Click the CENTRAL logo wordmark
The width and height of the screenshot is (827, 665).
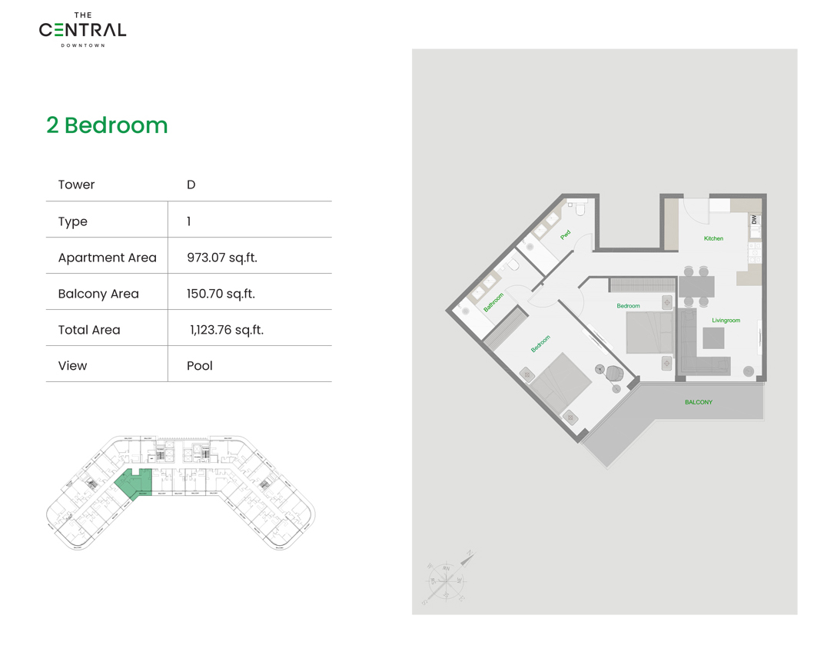(82, 31)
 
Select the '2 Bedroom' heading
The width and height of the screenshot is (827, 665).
(107, 125)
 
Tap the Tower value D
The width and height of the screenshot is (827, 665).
(191, 185)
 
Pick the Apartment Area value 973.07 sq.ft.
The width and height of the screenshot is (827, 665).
(222, 258)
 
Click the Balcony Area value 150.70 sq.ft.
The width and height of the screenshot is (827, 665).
(221, 294)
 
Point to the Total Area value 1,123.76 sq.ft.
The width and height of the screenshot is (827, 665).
(227, 330)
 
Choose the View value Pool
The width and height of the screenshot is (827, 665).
(200, 366)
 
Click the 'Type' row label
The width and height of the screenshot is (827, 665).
(73, 221)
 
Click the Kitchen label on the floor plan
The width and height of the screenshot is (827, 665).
(713, 238)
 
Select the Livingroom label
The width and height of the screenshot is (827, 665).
(726, 320)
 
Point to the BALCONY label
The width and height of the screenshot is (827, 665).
(699, 402)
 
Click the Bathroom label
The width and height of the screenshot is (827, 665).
(493, 302)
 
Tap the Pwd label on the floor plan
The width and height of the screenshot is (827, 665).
(566, 234)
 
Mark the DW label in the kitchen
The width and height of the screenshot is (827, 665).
(755, 220)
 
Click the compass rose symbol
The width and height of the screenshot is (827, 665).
(447, 577)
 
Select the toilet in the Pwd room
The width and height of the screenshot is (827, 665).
(581, 208)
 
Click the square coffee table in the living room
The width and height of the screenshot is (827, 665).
(713, 338)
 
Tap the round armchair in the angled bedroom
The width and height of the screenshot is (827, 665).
(613, 374)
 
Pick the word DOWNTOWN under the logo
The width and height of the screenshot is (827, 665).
(82, 45)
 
